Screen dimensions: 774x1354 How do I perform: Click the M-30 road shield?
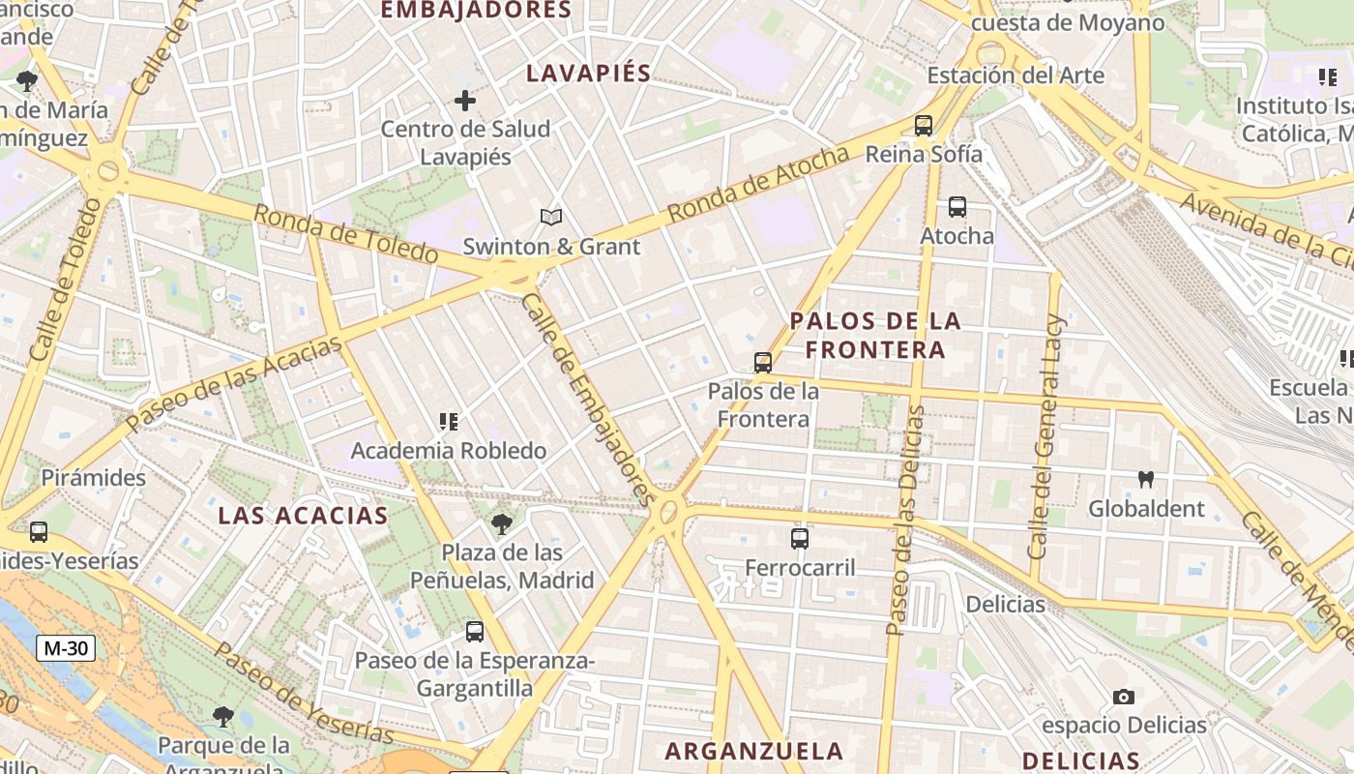tap(66, 648)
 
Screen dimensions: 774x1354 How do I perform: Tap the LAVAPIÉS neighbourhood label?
tap(589, 73)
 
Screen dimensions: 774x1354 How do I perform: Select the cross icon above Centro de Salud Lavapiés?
tap(465, 100)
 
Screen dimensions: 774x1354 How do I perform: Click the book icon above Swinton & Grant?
tap(551, 218)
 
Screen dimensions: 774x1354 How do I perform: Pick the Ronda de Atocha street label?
tap(758, 183)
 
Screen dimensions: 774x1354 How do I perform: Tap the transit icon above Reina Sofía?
tap(924, 125)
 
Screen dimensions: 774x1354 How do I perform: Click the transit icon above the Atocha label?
tap(957, 207)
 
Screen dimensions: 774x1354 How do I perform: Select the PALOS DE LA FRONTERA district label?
tap(875, 335)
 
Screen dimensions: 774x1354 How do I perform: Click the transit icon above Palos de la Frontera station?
tap(763, 363)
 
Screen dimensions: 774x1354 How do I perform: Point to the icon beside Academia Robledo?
tap(449, 422)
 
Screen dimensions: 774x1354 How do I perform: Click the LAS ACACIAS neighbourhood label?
tap(303, 515)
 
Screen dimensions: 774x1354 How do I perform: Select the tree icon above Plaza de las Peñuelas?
tap(501, 524)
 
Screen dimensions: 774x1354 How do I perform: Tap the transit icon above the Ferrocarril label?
tap(800, 539)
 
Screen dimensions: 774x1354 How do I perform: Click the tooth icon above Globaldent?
tap(1147, 479)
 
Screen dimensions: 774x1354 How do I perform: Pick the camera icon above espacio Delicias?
tap(1124, 697)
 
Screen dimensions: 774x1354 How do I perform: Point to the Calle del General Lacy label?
tap(1046, 435)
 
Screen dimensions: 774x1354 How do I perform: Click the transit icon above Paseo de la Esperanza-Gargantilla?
tap(475, 632)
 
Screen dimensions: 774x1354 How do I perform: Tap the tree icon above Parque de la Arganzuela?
tap(223, 717)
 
